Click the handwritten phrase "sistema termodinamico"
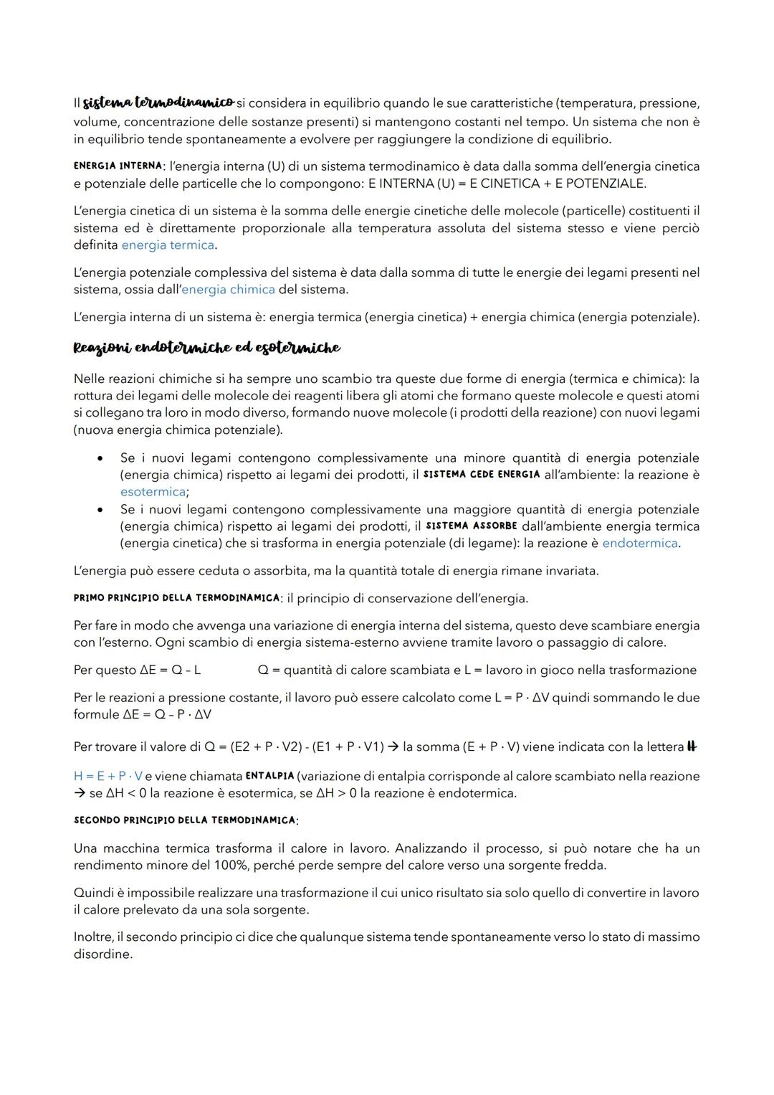158,103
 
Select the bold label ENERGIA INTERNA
118,166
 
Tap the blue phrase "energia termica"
168,245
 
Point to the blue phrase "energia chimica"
229,290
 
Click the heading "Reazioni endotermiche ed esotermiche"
206,348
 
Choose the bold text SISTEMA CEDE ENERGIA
482,475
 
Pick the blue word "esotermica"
153,492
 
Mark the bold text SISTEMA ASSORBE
471,526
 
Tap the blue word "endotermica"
639,544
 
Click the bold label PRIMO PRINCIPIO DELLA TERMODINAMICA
176,598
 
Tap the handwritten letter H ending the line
692,746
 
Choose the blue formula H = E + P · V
107,777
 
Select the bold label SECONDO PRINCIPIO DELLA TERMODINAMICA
185,820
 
